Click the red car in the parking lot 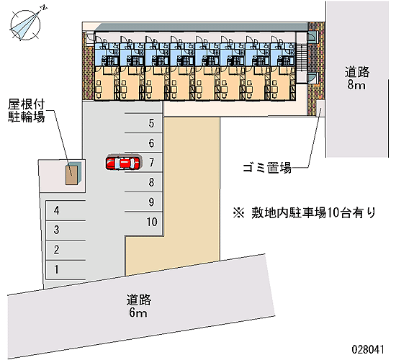click(x=122, y=163)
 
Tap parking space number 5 click(x=143, y=123)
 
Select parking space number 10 click(x=143, y=222)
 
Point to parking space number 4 click(x=66, y=211)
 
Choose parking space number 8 click(x=143, y=182)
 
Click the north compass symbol click(x=26, y=24)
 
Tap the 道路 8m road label click(x=356, y=78)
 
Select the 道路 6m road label click(x=138, y=306)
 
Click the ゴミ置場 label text click(x=267, y=168)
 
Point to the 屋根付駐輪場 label click(x=27, y=111)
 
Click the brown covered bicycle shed click(x=72, y=175)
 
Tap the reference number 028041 click(x=368, y=350)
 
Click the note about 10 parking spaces click(x=305, y=212)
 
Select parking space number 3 click(x=66, y=230)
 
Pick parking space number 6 click(x=143, y=143)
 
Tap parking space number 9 click(x=143, y=202)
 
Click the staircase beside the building click(x=302, y=58)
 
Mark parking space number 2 click(x=66, y=250)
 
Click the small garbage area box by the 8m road click(x=320, y=108)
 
